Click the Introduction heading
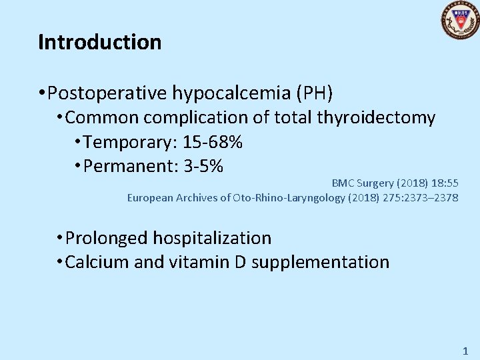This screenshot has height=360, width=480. (x=100, y=42)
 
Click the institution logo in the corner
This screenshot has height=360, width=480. (x=460, y=20)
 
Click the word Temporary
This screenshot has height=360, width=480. (x=125, y=142)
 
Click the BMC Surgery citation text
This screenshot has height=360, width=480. (x=395, y=183)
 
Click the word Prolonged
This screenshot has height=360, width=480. (x=107, y=238)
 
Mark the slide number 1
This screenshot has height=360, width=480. (x=465, y=350)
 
